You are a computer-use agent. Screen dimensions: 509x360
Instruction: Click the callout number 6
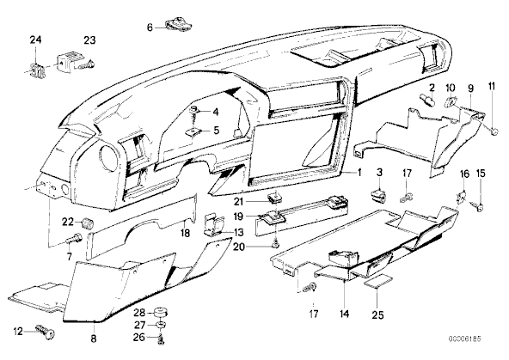click(x=150, y=27)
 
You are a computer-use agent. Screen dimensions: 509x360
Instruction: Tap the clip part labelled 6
click(x=178, y=25)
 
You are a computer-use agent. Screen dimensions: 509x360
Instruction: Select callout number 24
click(x=36, y=40)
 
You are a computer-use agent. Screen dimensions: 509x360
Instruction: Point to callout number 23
click(x=90, y=40)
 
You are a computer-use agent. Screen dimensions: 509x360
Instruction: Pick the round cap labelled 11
click(x=494, y=131)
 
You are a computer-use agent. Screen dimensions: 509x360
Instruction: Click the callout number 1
click(x=359, y=173)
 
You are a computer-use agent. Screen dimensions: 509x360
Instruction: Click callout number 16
click(x=465, y=174)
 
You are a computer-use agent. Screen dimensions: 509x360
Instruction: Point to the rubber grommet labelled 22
click(x=88, y=223)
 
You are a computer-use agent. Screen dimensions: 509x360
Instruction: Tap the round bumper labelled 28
click(x=160, y=313)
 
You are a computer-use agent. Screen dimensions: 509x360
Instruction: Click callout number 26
click(x=138, y=338)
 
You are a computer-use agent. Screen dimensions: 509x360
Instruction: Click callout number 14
click(x=344, y=314)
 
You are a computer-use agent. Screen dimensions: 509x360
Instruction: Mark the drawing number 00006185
click(x=465, y=339)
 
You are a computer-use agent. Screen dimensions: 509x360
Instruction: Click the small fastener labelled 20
click(x=276, y=244)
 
